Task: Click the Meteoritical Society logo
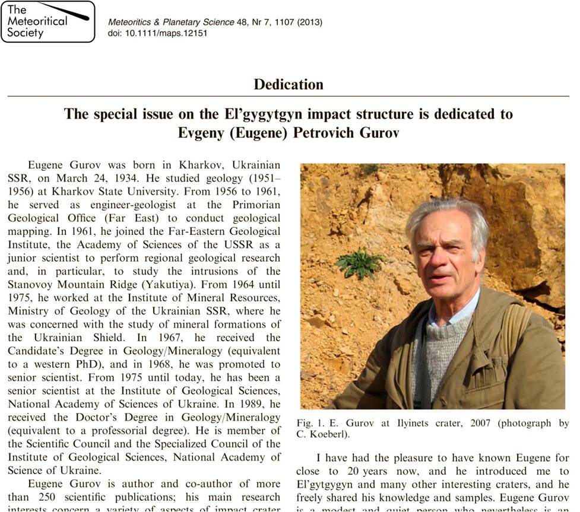(47, 21)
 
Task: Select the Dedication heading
(289, 84)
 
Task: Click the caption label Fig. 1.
(311, 424)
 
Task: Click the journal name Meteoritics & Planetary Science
(171, 22)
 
